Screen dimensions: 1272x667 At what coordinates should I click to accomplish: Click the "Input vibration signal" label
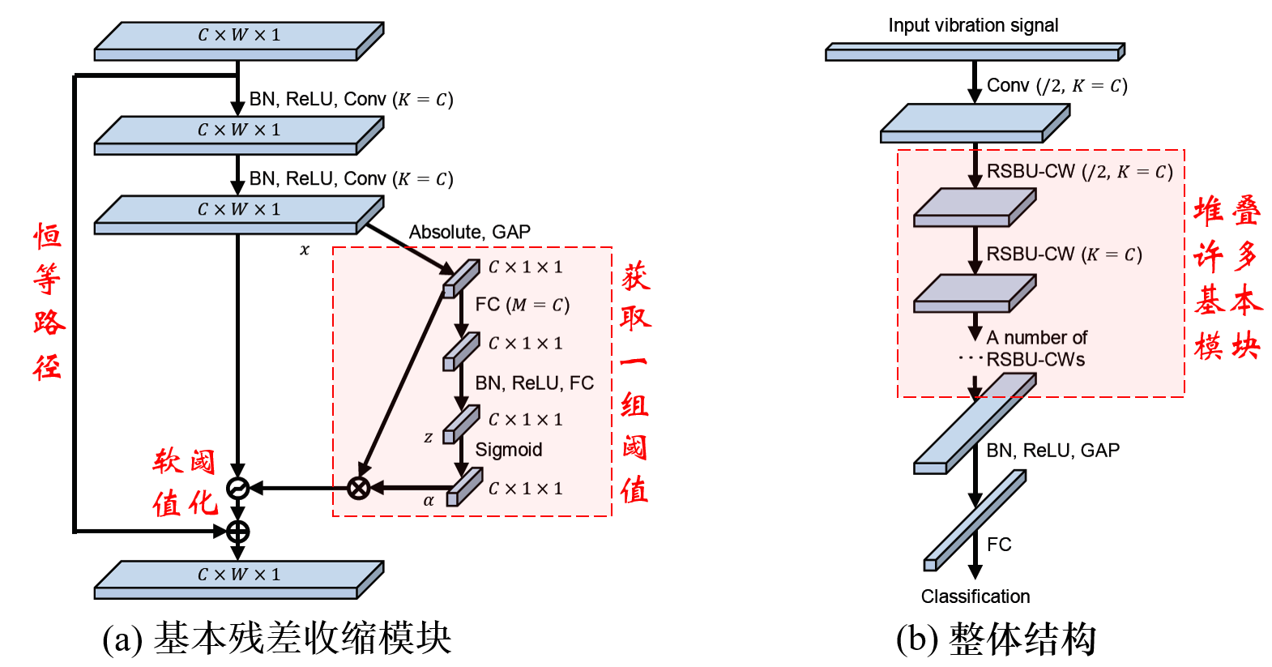973,26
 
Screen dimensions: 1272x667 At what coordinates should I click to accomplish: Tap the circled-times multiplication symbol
358,488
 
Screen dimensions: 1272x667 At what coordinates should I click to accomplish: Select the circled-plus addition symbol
238,532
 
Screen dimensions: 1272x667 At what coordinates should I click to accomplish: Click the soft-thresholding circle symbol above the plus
238,488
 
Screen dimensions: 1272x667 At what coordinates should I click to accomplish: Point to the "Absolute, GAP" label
470,232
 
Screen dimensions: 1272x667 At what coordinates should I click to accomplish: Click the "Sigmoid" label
509,450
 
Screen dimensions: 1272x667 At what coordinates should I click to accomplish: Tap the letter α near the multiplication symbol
429,501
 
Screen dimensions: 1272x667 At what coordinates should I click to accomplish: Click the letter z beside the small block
429,437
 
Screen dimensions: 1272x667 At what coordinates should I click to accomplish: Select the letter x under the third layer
305,250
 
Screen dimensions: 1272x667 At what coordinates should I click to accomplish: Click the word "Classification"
975,596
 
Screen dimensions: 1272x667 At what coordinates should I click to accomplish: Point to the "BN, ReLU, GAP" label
1053,451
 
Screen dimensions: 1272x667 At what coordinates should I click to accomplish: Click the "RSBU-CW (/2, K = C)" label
1080,172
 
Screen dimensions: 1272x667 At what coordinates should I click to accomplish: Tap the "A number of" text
1037,337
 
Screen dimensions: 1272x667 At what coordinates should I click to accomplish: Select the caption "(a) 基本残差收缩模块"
277,639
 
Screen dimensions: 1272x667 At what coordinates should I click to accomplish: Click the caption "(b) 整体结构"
996,639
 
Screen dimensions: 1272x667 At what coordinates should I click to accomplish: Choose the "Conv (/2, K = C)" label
1057,86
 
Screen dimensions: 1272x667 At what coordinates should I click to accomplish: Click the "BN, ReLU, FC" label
535,383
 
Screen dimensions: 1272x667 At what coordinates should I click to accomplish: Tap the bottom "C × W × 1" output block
239,580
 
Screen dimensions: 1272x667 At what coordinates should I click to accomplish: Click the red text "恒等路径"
49,301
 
